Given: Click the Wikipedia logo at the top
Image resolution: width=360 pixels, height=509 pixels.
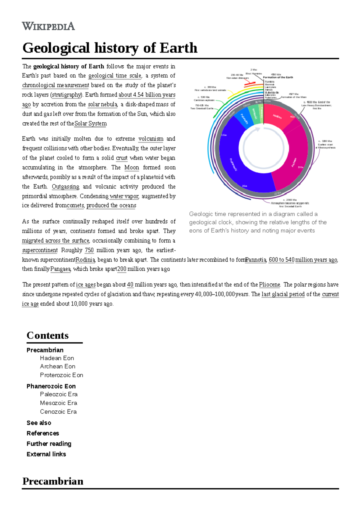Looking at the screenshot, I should point(48,26).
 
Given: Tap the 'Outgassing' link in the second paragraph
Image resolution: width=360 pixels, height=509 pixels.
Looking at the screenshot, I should point(65,187).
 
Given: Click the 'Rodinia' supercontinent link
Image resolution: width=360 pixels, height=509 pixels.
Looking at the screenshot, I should point(85,260).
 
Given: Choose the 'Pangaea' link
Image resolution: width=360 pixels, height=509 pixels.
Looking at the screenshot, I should point(60,269).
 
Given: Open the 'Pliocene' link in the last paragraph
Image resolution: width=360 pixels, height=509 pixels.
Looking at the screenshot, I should point(269,285).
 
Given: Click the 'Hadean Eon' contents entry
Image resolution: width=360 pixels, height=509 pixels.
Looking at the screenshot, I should point(57,358).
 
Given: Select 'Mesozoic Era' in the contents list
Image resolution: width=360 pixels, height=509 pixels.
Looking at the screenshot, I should point(58,403).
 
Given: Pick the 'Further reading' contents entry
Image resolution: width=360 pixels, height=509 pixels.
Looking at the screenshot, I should point(49,444).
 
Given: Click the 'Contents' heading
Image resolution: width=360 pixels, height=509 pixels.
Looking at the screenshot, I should point(47,335).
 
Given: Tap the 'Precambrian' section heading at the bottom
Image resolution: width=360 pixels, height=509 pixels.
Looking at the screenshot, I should point(53,481).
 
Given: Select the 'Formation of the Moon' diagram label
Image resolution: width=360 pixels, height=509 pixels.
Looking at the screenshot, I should point(293,97).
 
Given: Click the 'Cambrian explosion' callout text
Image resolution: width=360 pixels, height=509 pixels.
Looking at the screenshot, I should point(204,100).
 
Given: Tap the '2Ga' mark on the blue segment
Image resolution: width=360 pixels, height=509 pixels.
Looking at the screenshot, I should point(244,186).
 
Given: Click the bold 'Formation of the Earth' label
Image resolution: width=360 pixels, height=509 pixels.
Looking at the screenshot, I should point(278,77).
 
